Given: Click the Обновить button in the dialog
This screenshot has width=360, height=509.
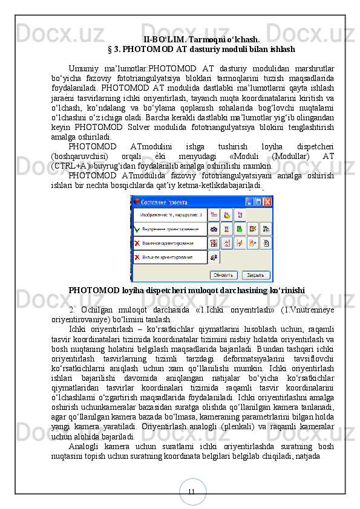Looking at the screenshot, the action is (223, 274).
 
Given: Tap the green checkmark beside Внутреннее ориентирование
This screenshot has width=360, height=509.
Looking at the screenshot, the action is (137, 229).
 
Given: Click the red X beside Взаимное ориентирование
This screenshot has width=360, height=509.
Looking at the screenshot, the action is (137, 244).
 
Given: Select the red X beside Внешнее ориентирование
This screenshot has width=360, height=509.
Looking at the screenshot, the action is (137, 258).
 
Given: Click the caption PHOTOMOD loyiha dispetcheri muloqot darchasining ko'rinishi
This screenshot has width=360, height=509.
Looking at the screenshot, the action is (186, 290).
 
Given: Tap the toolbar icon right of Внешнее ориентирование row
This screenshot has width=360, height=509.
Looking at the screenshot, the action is (214, 258).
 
